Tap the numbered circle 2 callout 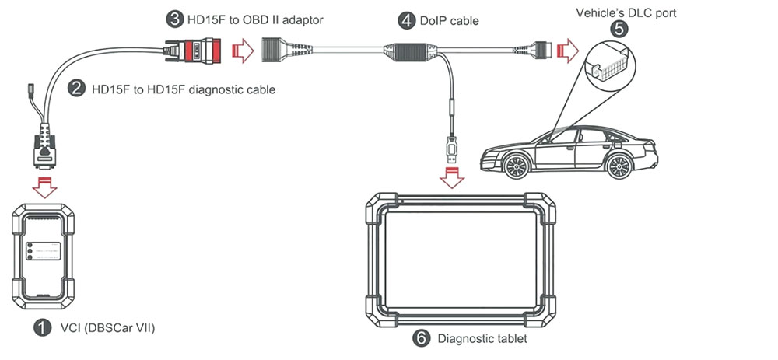point(76,89)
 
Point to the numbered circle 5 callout point(619,29)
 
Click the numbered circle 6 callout point(420,338)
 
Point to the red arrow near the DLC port point(569,53)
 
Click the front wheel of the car point(516,166)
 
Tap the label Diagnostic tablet point(482,338)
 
